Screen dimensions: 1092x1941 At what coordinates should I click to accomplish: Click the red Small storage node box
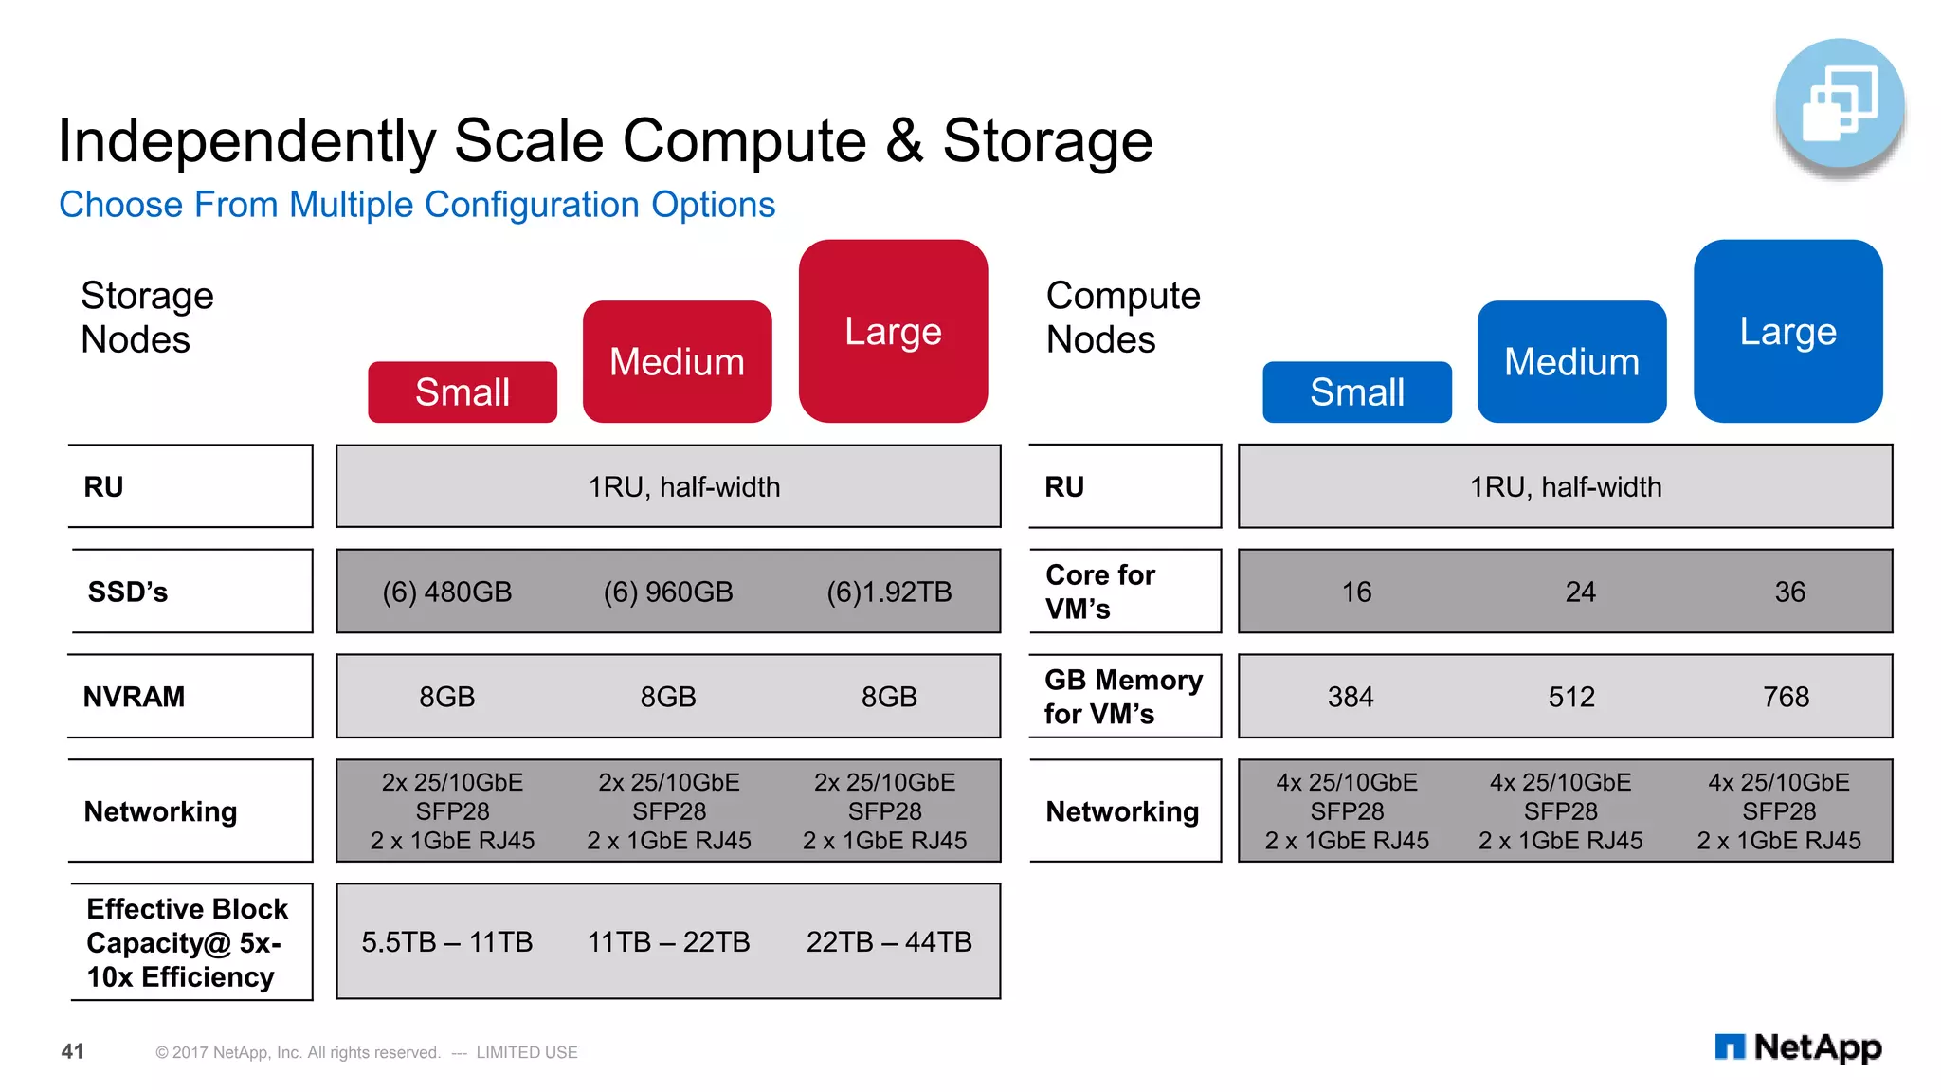tap(463, 392)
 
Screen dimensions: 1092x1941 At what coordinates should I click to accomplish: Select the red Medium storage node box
tap(677, 362)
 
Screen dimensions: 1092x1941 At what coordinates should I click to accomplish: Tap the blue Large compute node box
tap(1787, 331)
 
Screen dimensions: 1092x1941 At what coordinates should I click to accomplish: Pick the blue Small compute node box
tap(1356, 392)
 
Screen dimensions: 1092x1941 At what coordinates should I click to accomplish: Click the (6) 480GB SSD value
tap(446, 592)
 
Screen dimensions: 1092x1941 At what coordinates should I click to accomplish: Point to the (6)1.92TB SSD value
tap(889, 592)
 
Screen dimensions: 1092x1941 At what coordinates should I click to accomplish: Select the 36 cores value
tap(1789, 592)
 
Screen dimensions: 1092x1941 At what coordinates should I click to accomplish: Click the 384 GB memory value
tap(1351, 698)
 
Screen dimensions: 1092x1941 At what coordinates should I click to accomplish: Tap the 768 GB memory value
tap(1786, 698)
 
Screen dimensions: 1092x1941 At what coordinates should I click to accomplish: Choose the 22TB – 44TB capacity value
tap(889, 942)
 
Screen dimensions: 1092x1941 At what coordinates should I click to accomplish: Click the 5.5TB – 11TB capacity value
tap(446, 942)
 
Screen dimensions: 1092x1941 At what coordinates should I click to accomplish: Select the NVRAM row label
tap(135, 698)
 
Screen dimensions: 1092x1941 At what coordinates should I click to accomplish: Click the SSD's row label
tap(128, 592)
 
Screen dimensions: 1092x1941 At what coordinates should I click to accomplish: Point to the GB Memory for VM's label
tap(1122, 697)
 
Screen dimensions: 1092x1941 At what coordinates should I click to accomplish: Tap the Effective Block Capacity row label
tap(187, 943)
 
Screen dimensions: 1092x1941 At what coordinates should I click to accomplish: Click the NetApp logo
tap(1798, 1047)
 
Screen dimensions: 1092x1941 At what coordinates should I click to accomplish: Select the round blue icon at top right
tap(1840, 103)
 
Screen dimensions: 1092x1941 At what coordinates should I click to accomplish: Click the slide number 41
tap(73, 1051)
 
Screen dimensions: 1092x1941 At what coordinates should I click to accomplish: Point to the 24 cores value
tap(1580, 592)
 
